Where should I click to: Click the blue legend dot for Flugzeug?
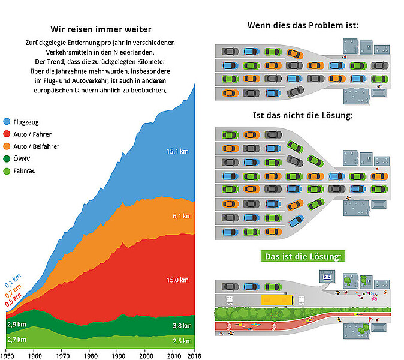click(x=7, y=122)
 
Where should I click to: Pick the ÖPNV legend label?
click(x=22, y=158)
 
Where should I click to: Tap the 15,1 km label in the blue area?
click(x=177, y=151)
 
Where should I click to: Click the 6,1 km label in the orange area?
click(x=181, y=216)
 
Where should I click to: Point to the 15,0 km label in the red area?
click(x=177, y=280)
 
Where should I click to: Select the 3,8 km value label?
click(x=181, y=326)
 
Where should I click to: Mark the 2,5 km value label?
click(x=181, y=341)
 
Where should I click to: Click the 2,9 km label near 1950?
click(x=16, y=324)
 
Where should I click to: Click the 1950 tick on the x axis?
click(x=7, y=355)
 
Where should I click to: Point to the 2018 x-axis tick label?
click(x=193, y=355)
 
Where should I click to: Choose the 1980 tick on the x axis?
click(x=90, y=355)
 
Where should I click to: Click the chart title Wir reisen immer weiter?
click(x=100, y=29)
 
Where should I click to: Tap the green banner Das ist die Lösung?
click(x=303, y=257)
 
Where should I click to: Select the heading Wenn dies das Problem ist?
click(x=303, y=25)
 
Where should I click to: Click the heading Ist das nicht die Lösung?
click(x=303, y=116)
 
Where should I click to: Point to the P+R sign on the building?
click(x=327, y=277)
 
